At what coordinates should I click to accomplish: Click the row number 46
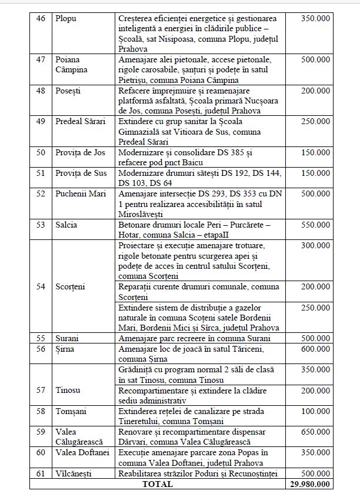coord(40,18)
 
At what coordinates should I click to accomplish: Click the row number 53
coord(40,225)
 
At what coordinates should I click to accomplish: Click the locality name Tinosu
coord(68,391)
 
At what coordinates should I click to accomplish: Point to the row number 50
coord(40,152)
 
